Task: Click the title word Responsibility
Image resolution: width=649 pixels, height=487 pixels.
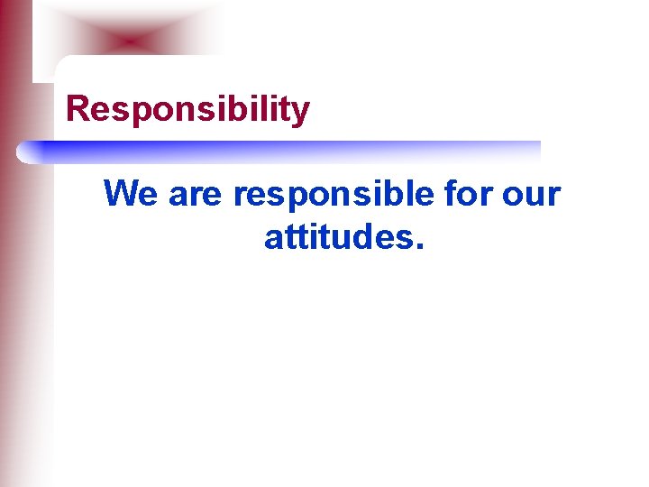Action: click(x=188, y=110)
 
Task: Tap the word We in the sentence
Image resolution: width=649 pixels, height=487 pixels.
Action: click(x=132, y=194)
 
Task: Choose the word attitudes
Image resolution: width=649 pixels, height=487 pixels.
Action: click(x=335, y=237)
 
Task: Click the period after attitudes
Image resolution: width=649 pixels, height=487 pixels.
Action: click(x=416, y=247)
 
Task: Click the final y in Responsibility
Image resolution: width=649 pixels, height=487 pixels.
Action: click(x=300, y=113)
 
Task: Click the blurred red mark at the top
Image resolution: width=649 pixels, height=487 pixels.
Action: click(x=132, y=41)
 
